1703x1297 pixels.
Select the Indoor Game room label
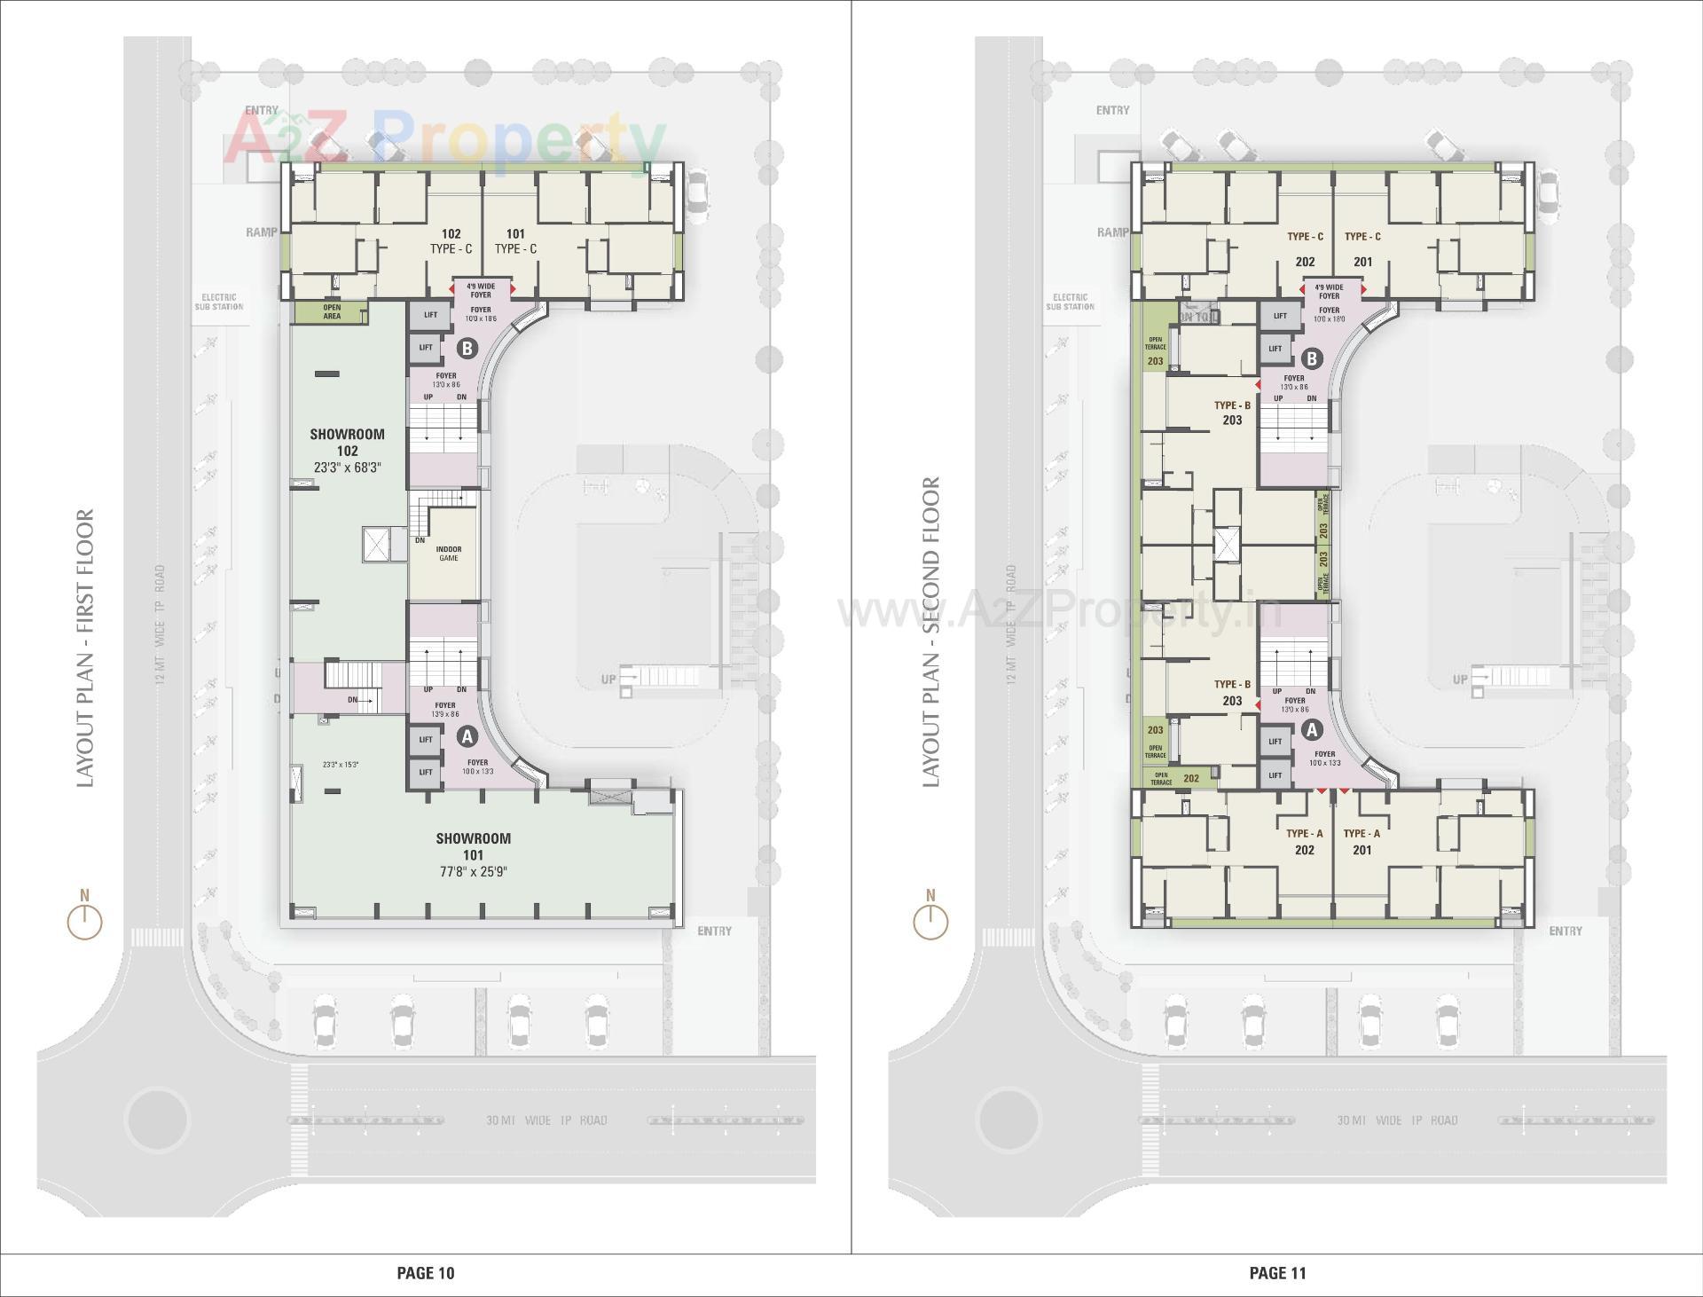(448, 554)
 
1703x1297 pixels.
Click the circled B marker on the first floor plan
(467, 349)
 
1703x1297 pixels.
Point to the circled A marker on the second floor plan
(1312, 730)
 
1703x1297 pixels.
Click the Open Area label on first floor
(331, 312)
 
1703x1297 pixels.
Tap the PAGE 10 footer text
(425, 1273)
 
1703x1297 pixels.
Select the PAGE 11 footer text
(1277, 1273)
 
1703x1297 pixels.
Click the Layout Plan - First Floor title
(85, 648)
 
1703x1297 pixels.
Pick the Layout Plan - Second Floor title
(930, 632)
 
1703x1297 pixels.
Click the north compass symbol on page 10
(85, 918)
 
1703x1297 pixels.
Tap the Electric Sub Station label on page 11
(1070, 303)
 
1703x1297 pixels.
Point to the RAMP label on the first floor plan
(262, 232)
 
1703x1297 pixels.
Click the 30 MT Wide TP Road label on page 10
(546, 1120)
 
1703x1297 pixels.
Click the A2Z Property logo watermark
(443, 138)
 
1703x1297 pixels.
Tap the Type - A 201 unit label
(1362, 842)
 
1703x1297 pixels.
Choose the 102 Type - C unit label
(451, 241)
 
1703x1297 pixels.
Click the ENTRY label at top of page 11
(1112, 110)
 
